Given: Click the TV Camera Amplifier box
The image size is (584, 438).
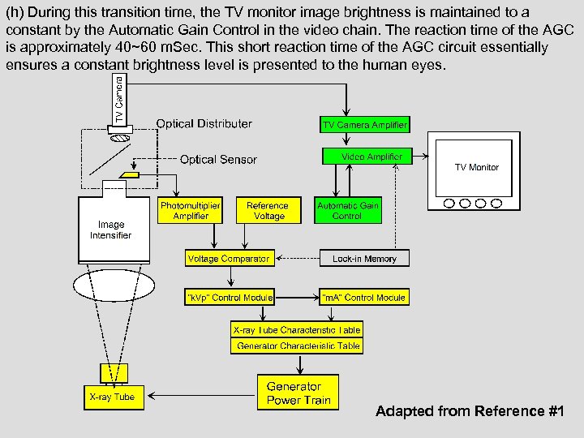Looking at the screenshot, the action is click(365, 124).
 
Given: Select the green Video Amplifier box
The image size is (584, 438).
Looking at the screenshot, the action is click(367, 157).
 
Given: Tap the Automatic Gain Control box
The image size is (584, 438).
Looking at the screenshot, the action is click(348, 210).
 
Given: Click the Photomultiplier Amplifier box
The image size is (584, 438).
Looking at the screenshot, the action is click(190, 210).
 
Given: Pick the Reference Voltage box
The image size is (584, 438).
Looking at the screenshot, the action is click(268, 210).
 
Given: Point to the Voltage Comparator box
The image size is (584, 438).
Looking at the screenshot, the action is click(230, 258).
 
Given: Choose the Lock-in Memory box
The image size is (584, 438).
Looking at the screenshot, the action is click(364, 258).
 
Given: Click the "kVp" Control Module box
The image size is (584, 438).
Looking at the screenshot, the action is click(230, 297).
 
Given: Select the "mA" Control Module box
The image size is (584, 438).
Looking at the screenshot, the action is click(364, 297).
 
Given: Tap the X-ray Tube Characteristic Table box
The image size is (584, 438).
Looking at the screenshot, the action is click(297, 329).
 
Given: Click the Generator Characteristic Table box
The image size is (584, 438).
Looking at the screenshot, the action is click(297, 346).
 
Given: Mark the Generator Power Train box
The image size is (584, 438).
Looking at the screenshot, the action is click(298, 393).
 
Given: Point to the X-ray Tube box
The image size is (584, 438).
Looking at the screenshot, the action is click(114, 397).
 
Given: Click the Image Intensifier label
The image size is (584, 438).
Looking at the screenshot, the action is click(110, 230).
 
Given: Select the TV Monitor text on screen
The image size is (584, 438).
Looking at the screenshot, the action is click(477, 167).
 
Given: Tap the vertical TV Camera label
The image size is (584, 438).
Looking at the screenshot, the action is click(119, 100).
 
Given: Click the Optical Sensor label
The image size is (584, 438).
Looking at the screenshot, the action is click(218, 160).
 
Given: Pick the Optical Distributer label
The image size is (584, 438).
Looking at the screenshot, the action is click(204, 123).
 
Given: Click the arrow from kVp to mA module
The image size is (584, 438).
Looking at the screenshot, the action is click(297, 298).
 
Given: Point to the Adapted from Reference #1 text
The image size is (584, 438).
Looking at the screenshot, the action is click(470, 411).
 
